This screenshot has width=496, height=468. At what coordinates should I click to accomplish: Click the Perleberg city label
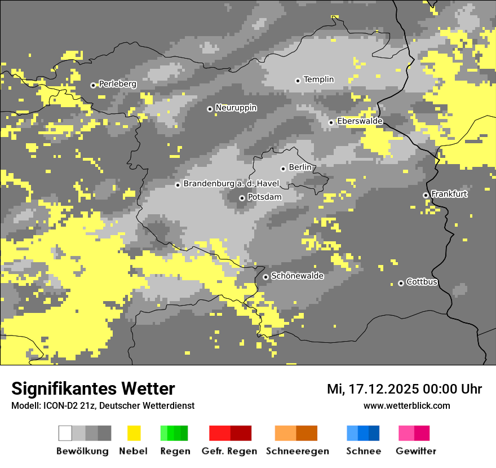click(x=118, y=84)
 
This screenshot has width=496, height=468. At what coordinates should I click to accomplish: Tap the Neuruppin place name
click(x=236, y=108)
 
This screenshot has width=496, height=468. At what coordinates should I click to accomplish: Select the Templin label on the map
click(x=318, y=80)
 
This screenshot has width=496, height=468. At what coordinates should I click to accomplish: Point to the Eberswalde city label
click(x=360, y=121)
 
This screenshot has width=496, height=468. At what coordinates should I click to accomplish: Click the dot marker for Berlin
click(x=284, y=169)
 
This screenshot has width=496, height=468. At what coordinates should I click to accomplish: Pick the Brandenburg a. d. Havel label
click(x=231, y=184)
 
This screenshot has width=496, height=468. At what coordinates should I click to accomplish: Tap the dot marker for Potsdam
click(x=242, y=198)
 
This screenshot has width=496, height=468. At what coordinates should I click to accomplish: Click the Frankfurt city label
click(x=449, y=194)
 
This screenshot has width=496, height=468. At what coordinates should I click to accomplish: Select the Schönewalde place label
click(x=298, y=276)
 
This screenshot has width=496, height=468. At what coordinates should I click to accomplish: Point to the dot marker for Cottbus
click(x=401, y=283)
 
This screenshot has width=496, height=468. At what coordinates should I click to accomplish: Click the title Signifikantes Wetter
click(x=93, y=388)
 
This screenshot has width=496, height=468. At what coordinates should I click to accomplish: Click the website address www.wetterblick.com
click(x=406, y=405)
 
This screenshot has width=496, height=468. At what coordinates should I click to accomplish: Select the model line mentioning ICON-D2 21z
click(x=103, y=405)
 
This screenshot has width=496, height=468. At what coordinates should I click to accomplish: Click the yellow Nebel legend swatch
click(x=134, y=433)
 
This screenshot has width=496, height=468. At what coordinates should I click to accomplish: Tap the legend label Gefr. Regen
click(x=229, y=451)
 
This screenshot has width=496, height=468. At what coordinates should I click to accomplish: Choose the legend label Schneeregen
click(x=298, y=451)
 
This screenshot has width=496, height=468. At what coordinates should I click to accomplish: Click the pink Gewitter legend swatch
click(x=406, y=433)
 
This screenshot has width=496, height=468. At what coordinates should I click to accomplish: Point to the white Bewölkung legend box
click(x=65, y=433)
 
